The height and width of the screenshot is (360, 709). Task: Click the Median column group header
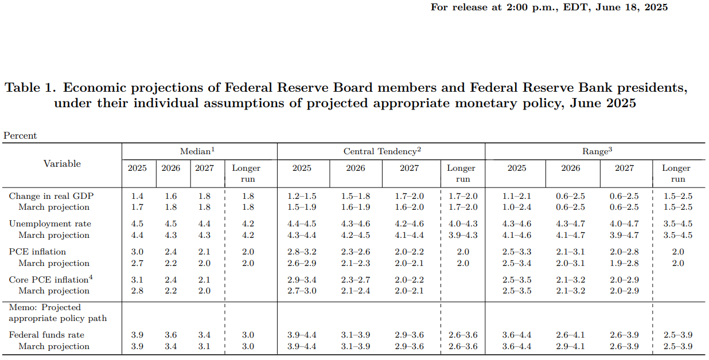pyautogui.click(x=197, y=151)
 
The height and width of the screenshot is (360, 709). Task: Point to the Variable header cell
pyautogui.click(x=62, y=164)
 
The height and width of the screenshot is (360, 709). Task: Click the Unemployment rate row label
pyautogui.click(x=50, y=224)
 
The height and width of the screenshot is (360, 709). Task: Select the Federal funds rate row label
pyautogui.click(x=46, y=335)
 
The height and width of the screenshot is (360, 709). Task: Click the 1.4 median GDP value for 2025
pyautogui.click(x=137, y=196)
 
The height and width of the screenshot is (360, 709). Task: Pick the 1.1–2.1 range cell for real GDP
pyautogui.click(x=517, y=196)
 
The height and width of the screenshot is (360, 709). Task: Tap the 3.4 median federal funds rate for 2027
pyautogui.click(x=204, y=335)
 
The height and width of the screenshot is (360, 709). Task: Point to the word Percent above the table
pyautogui.click(x=20, y=136)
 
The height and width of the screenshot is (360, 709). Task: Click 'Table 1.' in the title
pyautogui.click(x=30, y=88)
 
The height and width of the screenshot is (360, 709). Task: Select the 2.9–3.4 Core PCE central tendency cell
pyautogui.click(x=302, y=280)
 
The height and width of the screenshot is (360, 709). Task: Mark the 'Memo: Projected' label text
pyautogui.click(x=45, y=307)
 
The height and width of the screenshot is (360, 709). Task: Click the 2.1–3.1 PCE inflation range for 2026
pyautogui.click(x=570, y=252)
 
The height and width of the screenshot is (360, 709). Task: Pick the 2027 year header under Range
pyautogui.click(x=625, y=168)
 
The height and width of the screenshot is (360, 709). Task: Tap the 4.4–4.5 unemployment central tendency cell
pyautogui.click(x=302, y=224)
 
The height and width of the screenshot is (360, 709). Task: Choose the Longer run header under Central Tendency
pyautogui.click(x=461, y=173)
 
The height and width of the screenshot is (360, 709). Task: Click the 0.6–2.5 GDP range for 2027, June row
pyautogui.click(x=625, y=196)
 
